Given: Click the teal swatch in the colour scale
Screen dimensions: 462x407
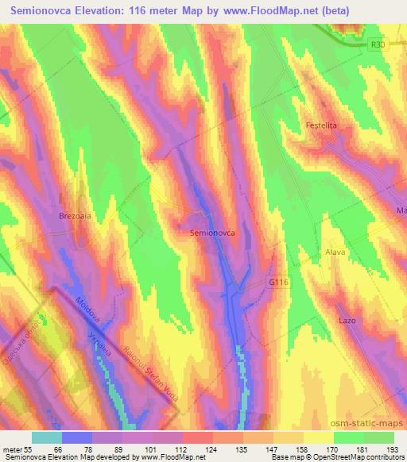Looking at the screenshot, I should tap(47, 437).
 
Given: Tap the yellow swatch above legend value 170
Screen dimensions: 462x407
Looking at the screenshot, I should tap(318, 437).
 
